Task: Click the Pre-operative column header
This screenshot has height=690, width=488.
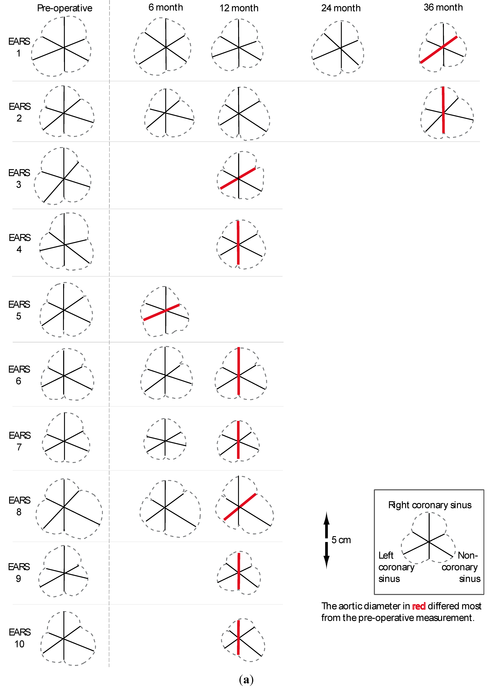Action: pyautogui.click(x=65, y=8)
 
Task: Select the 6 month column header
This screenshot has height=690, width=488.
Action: pyautogui.click(x=165, y=7)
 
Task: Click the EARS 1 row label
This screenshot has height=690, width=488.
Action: pyautogui.click(x=19, y=47)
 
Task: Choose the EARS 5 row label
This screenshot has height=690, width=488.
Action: pyautogui.click(x=19, y=310)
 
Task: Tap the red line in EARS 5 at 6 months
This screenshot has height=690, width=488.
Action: pyautogui.click(x=162, y=312)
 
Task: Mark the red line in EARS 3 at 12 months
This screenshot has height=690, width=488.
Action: pyautogui.click(x=238, y=179)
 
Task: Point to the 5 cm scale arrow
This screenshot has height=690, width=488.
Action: pyautogui.click(x=326, y=540)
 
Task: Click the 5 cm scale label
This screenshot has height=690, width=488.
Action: pyautogui.click(x=341, y=540)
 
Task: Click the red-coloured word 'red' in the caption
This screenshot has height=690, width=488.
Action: pyautogui.click(x=419, y=606)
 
